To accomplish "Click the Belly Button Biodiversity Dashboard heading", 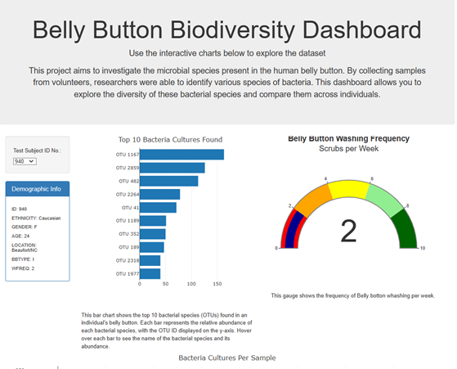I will [x=228, y=31].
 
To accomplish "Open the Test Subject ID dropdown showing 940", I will [x=25, y=161].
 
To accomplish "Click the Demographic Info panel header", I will [x=37, y=189].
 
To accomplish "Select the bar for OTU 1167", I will [x=181, y=154].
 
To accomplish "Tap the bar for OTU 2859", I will [x=172, y=167].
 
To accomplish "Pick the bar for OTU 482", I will [x=169, y=181].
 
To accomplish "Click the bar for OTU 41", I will [x=158, y=207].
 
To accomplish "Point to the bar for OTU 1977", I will [x=150, y=273].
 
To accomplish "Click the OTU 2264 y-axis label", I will [x=128, y=194].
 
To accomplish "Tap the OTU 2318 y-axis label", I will [x=128, y=260].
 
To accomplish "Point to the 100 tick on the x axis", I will [x=191, y=285].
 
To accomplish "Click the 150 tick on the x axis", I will [x=217, y=285].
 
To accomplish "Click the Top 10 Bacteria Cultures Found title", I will [x=170, y=140].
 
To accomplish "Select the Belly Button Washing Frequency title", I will [x=349, y=138].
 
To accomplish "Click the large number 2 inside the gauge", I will [x=349, y=232].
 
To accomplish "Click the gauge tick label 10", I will [x=422, y=248].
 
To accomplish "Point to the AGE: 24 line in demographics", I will [x=21, y=235].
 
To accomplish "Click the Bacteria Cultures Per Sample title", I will [x=227, y=358].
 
